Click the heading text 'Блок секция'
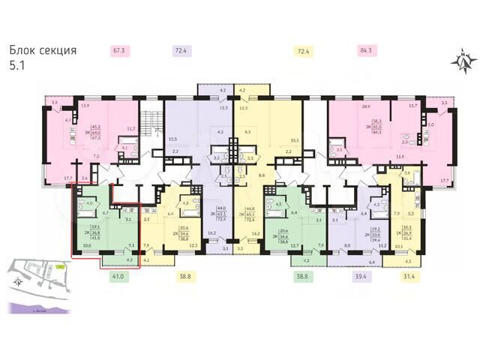coord(43,51)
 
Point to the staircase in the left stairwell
coord(154,124)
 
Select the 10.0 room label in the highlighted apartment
coord(87,244)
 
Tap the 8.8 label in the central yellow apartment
coord(261,175)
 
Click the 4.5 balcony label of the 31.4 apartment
coord(407,262)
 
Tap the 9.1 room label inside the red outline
coord(132,244)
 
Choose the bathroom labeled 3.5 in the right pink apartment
coord(340,151)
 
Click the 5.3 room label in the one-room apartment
coord(410,214)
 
